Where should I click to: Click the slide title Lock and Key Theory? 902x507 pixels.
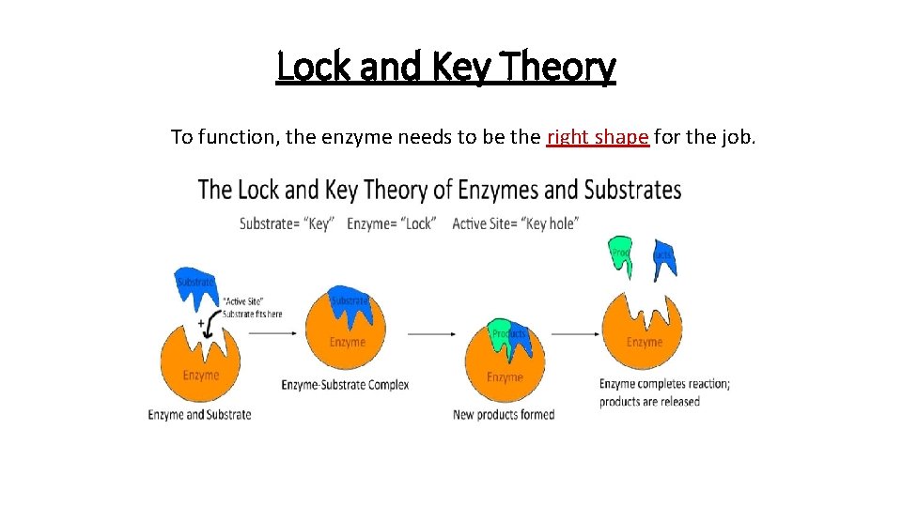pyautogui.click(x=446, y=68)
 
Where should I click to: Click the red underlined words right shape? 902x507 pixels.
pyautogui.click(x=598, y=137)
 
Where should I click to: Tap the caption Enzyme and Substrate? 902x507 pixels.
pyautogui.click(x=199, y=414)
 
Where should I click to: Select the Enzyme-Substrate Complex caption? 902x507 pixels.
pyautogui.click(x=345, y=385)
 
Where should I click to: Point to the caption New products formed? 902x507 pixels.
pyautogui.click(x=504, y=414)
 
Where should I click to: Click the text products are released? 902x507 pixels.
pyautogui.click(x=649, y=402)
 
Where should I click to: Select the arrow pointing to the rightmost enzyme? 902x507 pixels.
pyautogui.click(x=575, y=332)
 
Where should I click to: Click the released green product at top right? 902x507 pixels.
pyautogui.click(x=621, y=256)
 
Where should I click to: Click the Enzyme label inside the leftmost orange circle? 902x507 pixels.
pyautogui.click(x=200, y=376)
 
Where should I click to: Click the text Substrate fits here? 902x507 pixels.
pyautogui.click(x=251, y=314)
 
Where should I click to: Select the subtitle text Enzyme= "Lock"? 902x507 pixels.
pyautogui.click(x=391, y=223)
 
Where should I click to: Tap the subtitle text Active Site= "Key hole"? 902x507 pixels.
pyautogui.click(x=515, y=223)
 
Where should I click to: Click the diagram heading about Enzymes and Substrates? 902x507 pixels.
pyautogui.click(x=440, y=190)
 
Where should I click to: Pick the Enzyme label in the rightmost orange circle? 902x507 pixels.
pyautogui.click(x=645, y=342)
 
